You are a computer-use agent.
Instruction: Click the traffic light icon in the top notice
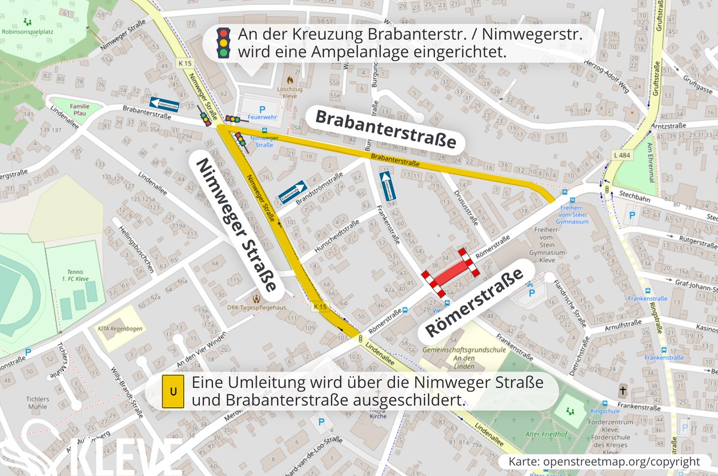(224, 44)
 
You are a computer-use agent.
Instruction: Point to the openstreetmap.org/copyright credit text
(604, 462)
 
